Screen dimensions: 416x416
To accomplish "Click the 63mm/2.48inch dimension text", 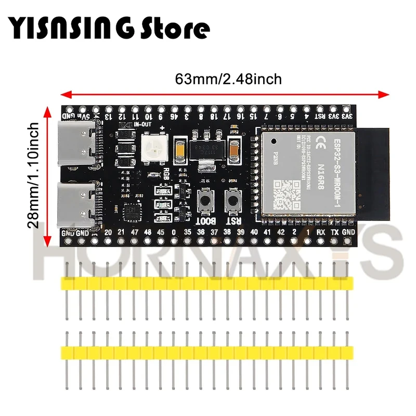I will pyautogui.click(x=228, y=80).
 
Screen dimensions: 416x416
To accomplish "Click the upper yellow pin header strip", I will pyautogui.click(x=207, y=283).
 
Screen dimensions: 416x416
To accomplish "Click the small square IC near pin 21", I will pyautogui.click(x=132, y=211).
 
